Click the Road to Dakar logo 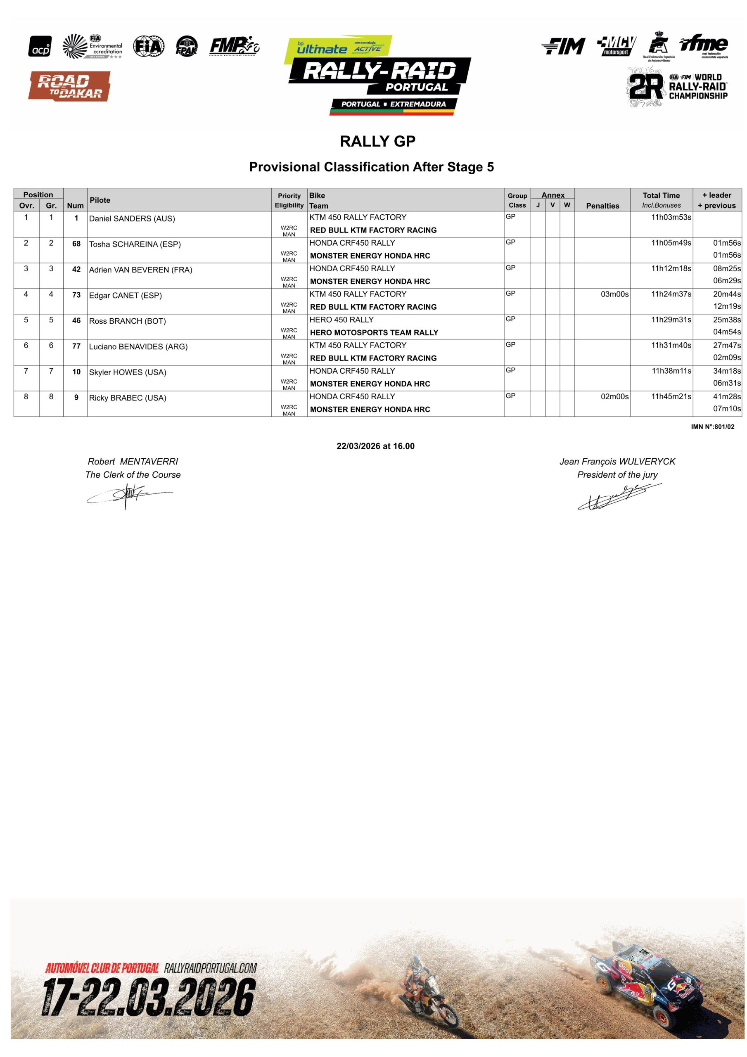click(69, 86)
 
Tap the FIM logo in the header click(563, 46)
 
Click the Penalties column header click(602, 205)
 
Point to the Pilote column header click(100, 200)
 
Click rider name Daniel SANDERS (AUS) click(132, 219)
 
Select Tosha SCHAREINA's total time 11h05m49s click(671, 243)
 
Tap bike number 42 click(76, 269)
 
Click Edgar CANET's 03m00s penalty click(614, 294)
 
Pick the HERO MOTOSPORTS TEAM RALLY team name click(374, 332)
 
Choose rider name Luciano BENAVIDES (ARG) click(138, 347)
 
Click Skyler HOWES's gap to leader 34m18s click(727, 371)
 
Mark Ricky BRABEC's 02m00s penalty click(614, 396)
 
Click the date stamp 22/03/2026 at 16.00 click(375, 446)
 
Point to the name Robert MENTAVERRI click(133, 461)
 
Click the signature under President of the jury click(619, 498)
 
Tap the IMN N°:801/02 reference click(712, 427)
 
